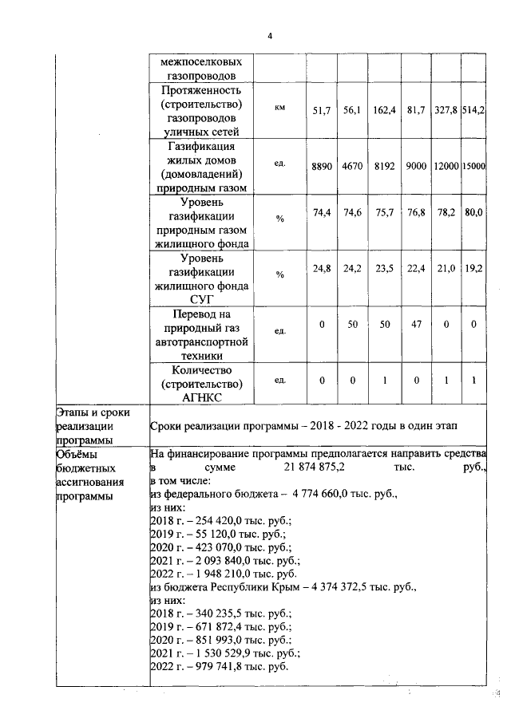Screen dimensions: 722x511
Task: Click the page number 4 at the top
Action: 270,35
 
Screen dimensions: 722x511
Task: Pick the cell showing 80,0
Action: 473,214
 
